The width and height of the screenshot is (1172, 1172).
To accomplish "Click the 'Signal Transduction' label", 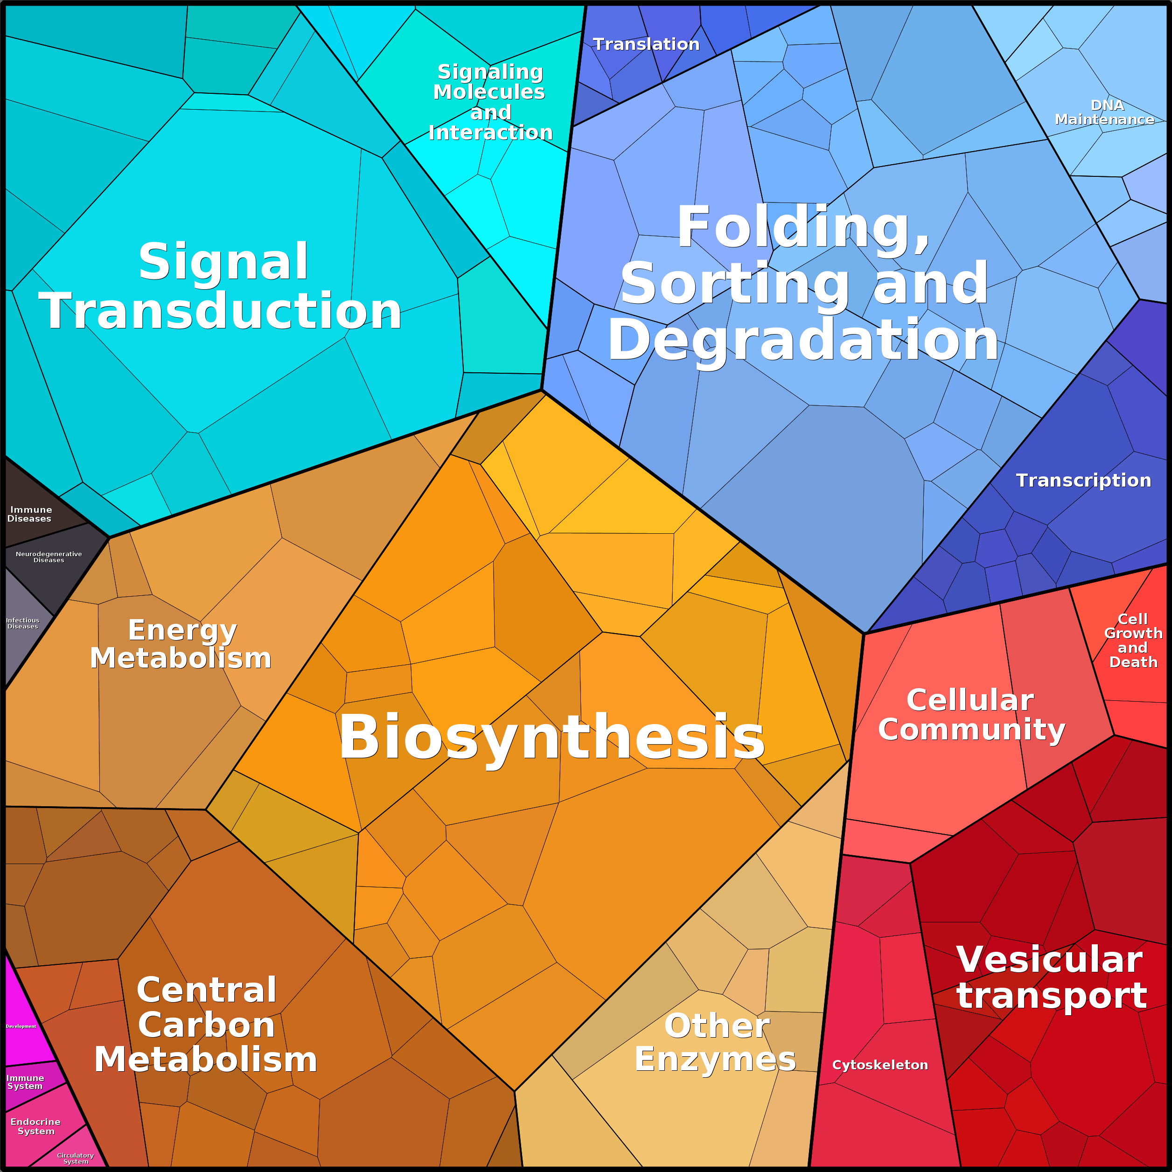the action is tap(220, 286).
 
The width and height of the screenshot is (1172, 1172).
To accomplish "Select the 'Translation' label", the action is tap(646, 44).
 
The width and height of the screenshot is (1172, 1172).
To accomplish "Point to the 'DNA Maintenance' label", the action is tap(1104, 112).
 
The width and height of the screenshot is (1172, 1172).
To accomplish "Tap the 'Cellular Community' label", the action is tap(971, 715).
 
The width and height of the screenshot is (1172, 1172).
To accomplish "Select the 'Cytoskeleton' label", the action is tap(879, 1065).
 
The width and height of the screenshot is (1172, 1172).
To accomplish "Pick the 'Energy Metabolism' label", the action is tap(181, 644).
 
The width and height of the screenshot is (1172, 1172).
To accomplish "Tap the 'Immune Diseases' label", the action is tap(30, 514).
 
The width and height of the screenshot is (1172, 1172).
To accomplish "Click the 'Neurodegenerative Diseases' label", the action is tap(49, 557).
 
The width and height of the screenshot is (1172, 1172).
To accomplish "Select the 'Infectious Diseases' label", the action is tap(22, 623).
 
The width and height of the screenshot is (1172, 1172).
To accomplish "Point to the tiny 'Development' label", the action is tap(21, 1026).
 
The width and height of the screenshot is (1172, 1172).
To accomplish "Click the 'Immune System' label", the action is tap(25, 1081).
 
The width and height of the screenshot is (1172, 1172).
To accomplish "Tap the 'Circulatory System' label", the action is tap(75, 1158).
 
